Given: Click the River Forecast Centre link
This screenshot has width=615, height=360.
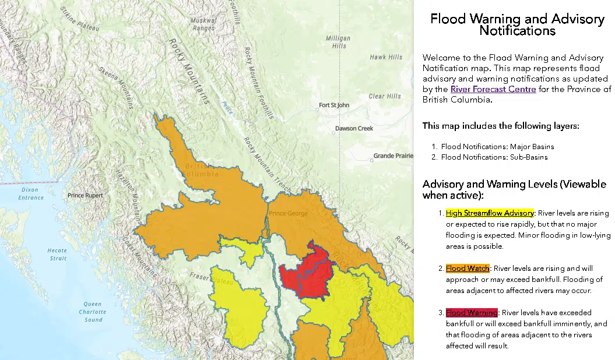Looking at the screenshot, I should pos(493,89).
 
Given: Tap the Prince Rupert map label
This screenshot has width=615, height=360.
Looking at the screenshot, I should pos(85,196).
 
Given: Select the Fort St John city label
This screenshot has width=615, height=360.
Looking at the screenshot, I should pos(334,105).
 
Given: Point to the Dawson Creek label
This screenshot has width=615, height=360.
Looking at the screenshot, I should pos(353,129).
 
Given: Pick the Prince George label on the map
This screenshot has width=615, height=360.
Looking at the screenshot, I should pos(288,214).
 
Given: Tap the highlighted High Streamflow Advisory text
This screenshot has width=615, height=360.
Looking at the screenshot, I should pos(490,213).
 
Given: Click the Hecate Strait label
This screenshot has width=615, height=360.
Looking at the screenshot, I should pos(57,254).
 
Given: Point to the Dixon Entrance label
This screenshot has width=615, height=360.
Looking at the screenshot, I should pos(31,194).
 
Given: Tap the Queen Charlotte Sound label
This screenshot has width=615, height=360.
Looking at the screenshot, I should pos(92,312).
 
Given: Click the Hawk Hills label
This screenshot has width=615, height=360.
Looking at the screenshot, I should pos(386,57).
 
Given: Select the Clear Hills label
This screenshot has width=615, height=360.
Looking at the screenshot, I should pos(385,96).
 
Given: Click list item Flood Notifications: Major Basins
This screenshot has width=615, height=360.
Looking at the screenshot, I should pos(497,146).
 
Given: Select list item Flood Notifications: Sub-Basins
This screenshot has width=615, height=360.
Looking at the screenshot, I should pos(494,157).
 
